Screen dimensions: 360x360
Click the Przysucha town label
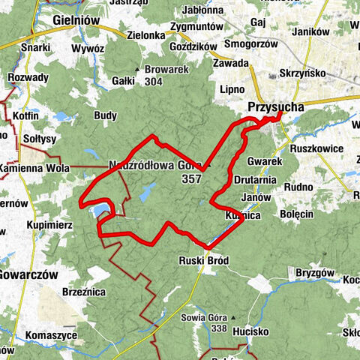(x=276, y=108)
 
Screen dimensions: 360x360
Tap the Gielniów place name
(x=77, y=19)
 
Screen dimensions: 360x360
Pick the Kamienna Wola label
(x=34, y=168)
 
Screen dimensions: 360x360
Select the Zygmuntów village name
(x=197, y=26)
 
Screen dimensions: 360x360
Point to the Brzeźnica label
(x=82, y=292)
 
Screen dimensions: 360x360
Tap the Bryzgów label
(x=313, y=271)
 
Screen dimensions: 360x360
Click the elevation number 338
(x=199, y=328)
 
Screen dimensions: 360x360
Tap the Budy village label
(x=105, y=115)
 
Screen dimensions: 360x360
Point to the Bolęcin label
(x=296, y=214)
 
